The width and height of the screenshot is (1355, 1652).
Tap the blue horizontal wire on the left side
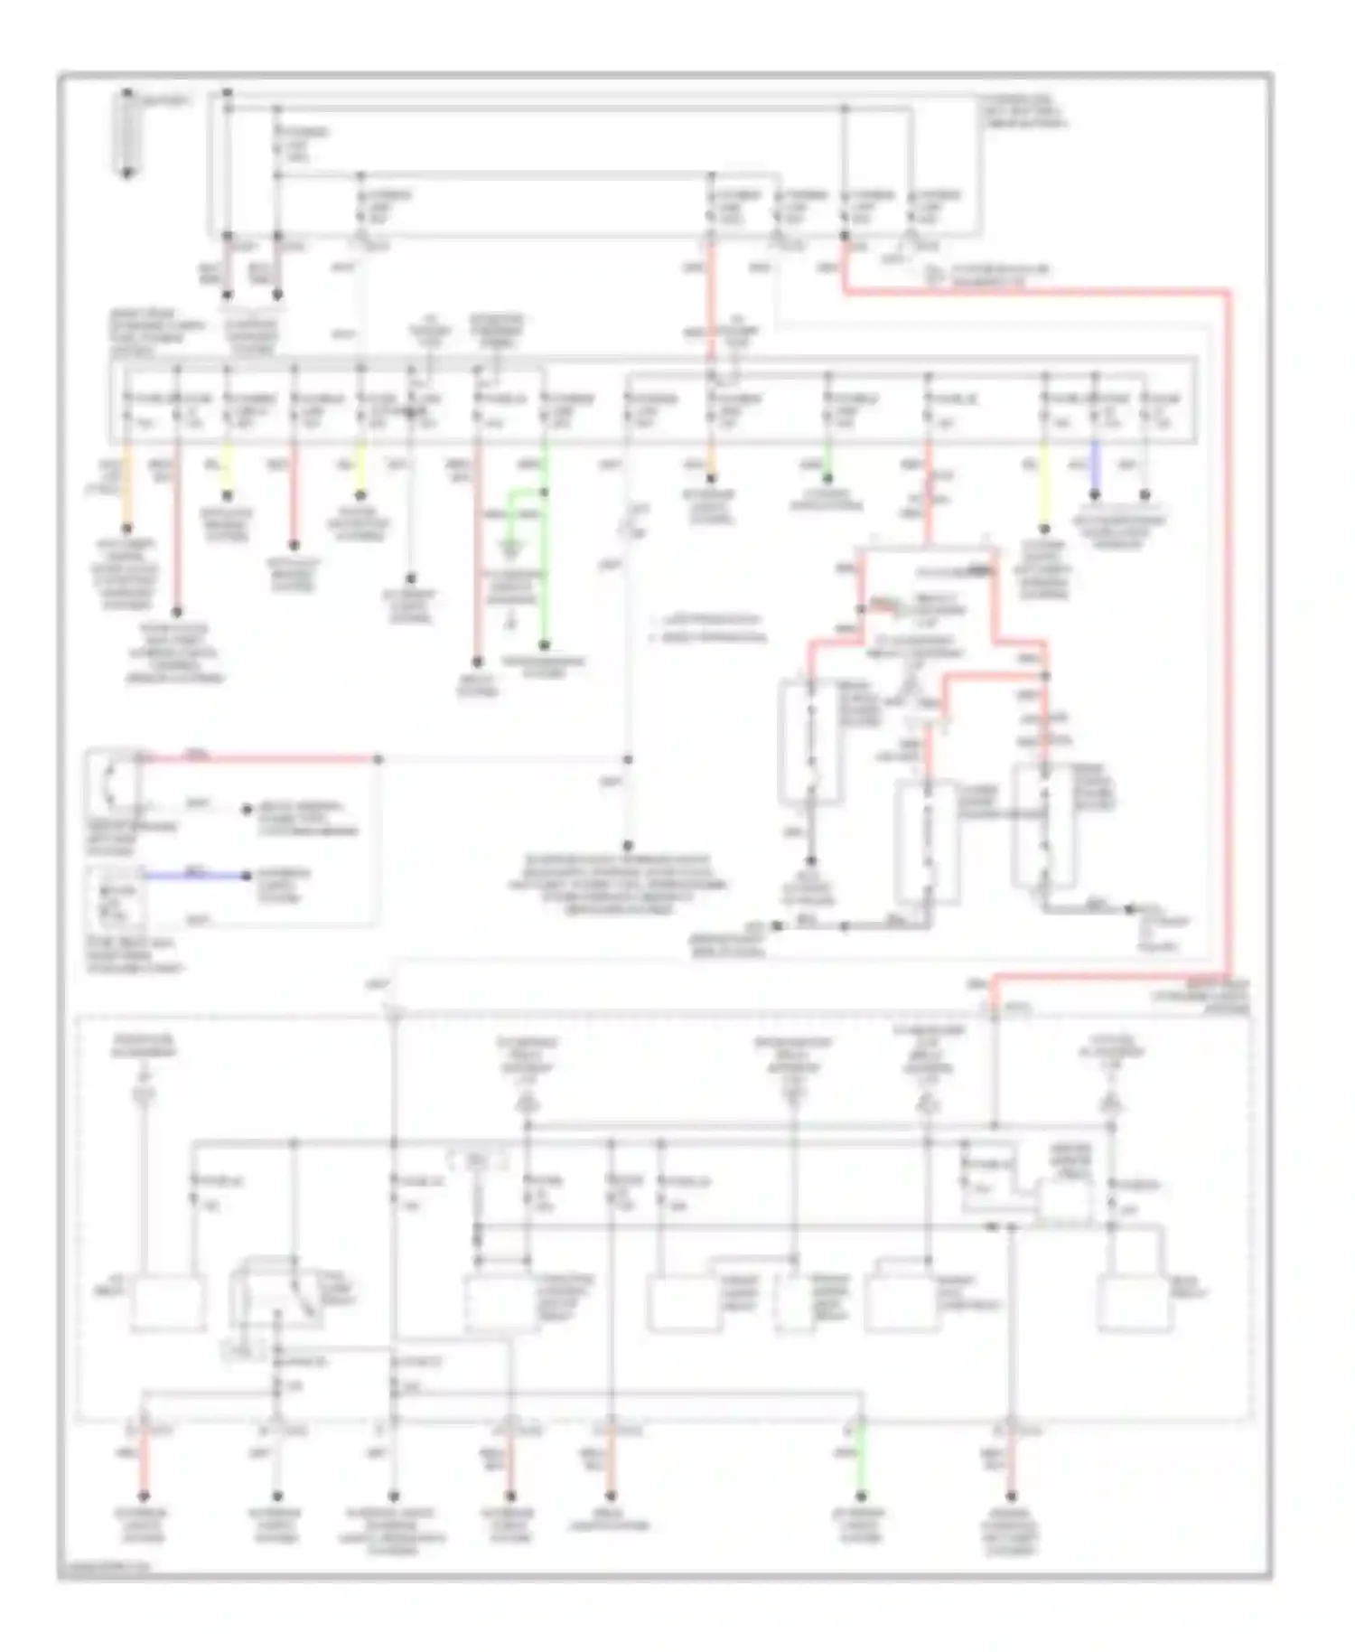click(194, 875)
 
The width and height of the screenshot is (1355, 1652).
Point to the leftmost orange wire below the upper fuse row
click(127, 488)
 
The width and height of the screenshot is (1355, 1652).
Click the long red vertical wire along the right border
click(1229, 633)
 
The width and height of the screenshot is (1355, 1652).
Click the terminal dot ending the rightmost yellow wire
click(1044, 529)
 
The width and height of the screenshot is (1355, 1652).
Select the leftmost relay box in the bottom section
click(168, 1303)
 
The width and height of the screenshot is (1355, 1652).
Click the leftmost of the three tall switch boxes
click(811, 743)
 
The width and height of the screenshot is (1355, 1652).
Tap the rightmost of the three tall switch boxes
click(1044, 824)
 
